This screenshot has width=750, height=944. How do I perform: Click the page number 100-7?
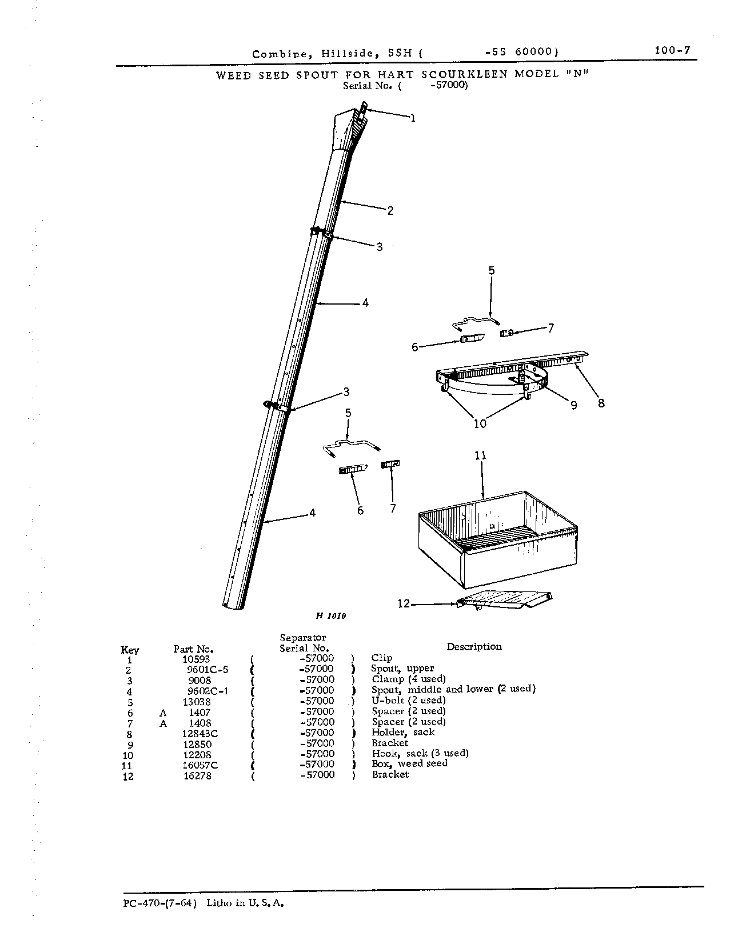672,50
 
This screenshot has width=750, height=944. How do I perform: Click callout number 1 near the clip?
413,118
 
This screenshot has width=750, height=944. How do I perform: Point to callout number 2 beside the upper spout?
390,211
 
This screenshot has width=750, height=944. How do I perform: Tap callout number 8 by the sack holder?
601,403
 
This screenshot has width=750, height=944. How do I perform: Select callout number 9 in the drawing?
573,406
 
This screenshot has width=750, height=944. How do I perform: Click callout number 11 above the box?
480,455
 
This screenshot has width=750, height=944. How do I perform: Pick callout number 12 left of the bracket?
404,603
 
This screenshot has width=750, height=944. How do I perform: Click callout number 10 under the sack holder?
480,423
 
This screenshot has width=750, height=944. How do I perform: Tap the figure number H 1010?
331,616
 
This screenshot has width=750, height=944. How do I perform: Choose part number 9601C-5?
208,669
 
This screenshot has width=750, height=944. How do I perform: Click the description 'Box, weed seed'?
409,764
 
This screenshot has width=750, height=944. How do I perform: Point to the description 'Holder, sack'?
403,733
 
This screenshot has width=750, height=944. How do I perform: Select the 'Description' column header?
474,647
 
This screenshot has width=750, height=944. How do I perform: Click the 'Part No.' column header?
193,649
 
